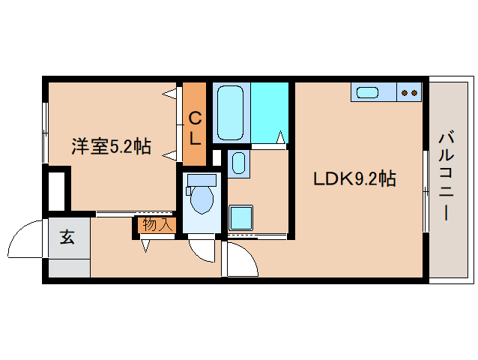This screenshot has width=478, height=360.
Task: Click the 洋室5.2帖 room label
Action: pos(111,146)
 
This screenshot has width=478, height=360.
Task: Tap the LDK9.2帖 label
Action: pos(354,179)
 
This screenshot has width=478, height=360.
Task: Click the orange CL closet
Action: pos(195,125)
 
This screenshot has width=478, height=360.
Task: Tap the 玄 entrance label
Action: pos(67,238)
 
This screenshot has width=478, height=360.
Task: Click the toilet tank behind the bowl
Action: pos(201,179)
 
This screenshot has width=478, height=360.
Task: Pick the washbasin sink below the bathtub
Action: pos(238,163)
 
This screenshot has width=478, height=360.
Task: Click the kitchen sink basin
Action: pos(368,92)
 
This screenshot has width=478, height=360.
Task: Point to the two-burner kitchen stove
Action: pos(409,92)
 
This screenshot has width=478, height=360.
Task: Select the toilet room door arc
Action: pos(202,250)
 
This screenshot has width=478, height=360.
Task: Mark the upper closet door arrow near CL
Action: pos(170,94)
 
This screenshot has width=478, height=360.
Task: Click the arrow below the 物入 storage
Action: pos(145,244)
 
